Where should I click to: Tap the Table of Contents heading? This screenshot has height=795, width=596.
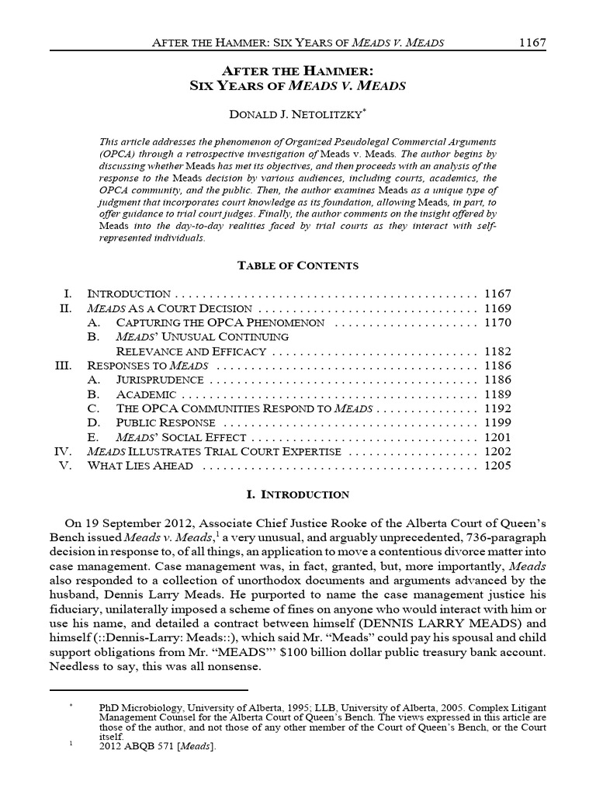click(298, 266)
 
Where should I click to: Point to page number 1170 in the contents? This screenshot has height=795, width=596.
click(497, 321)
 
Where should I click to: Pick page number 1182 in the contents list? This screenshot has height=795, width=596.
click(497, 351)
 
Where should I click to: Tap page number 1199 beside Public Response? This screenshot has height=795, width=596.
click(497, 423)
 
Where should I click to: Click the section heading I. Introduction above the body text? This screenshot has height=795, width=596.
click(298, 495)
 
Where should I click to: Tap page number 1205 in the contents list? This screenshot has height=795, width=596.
click(497, 466)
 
